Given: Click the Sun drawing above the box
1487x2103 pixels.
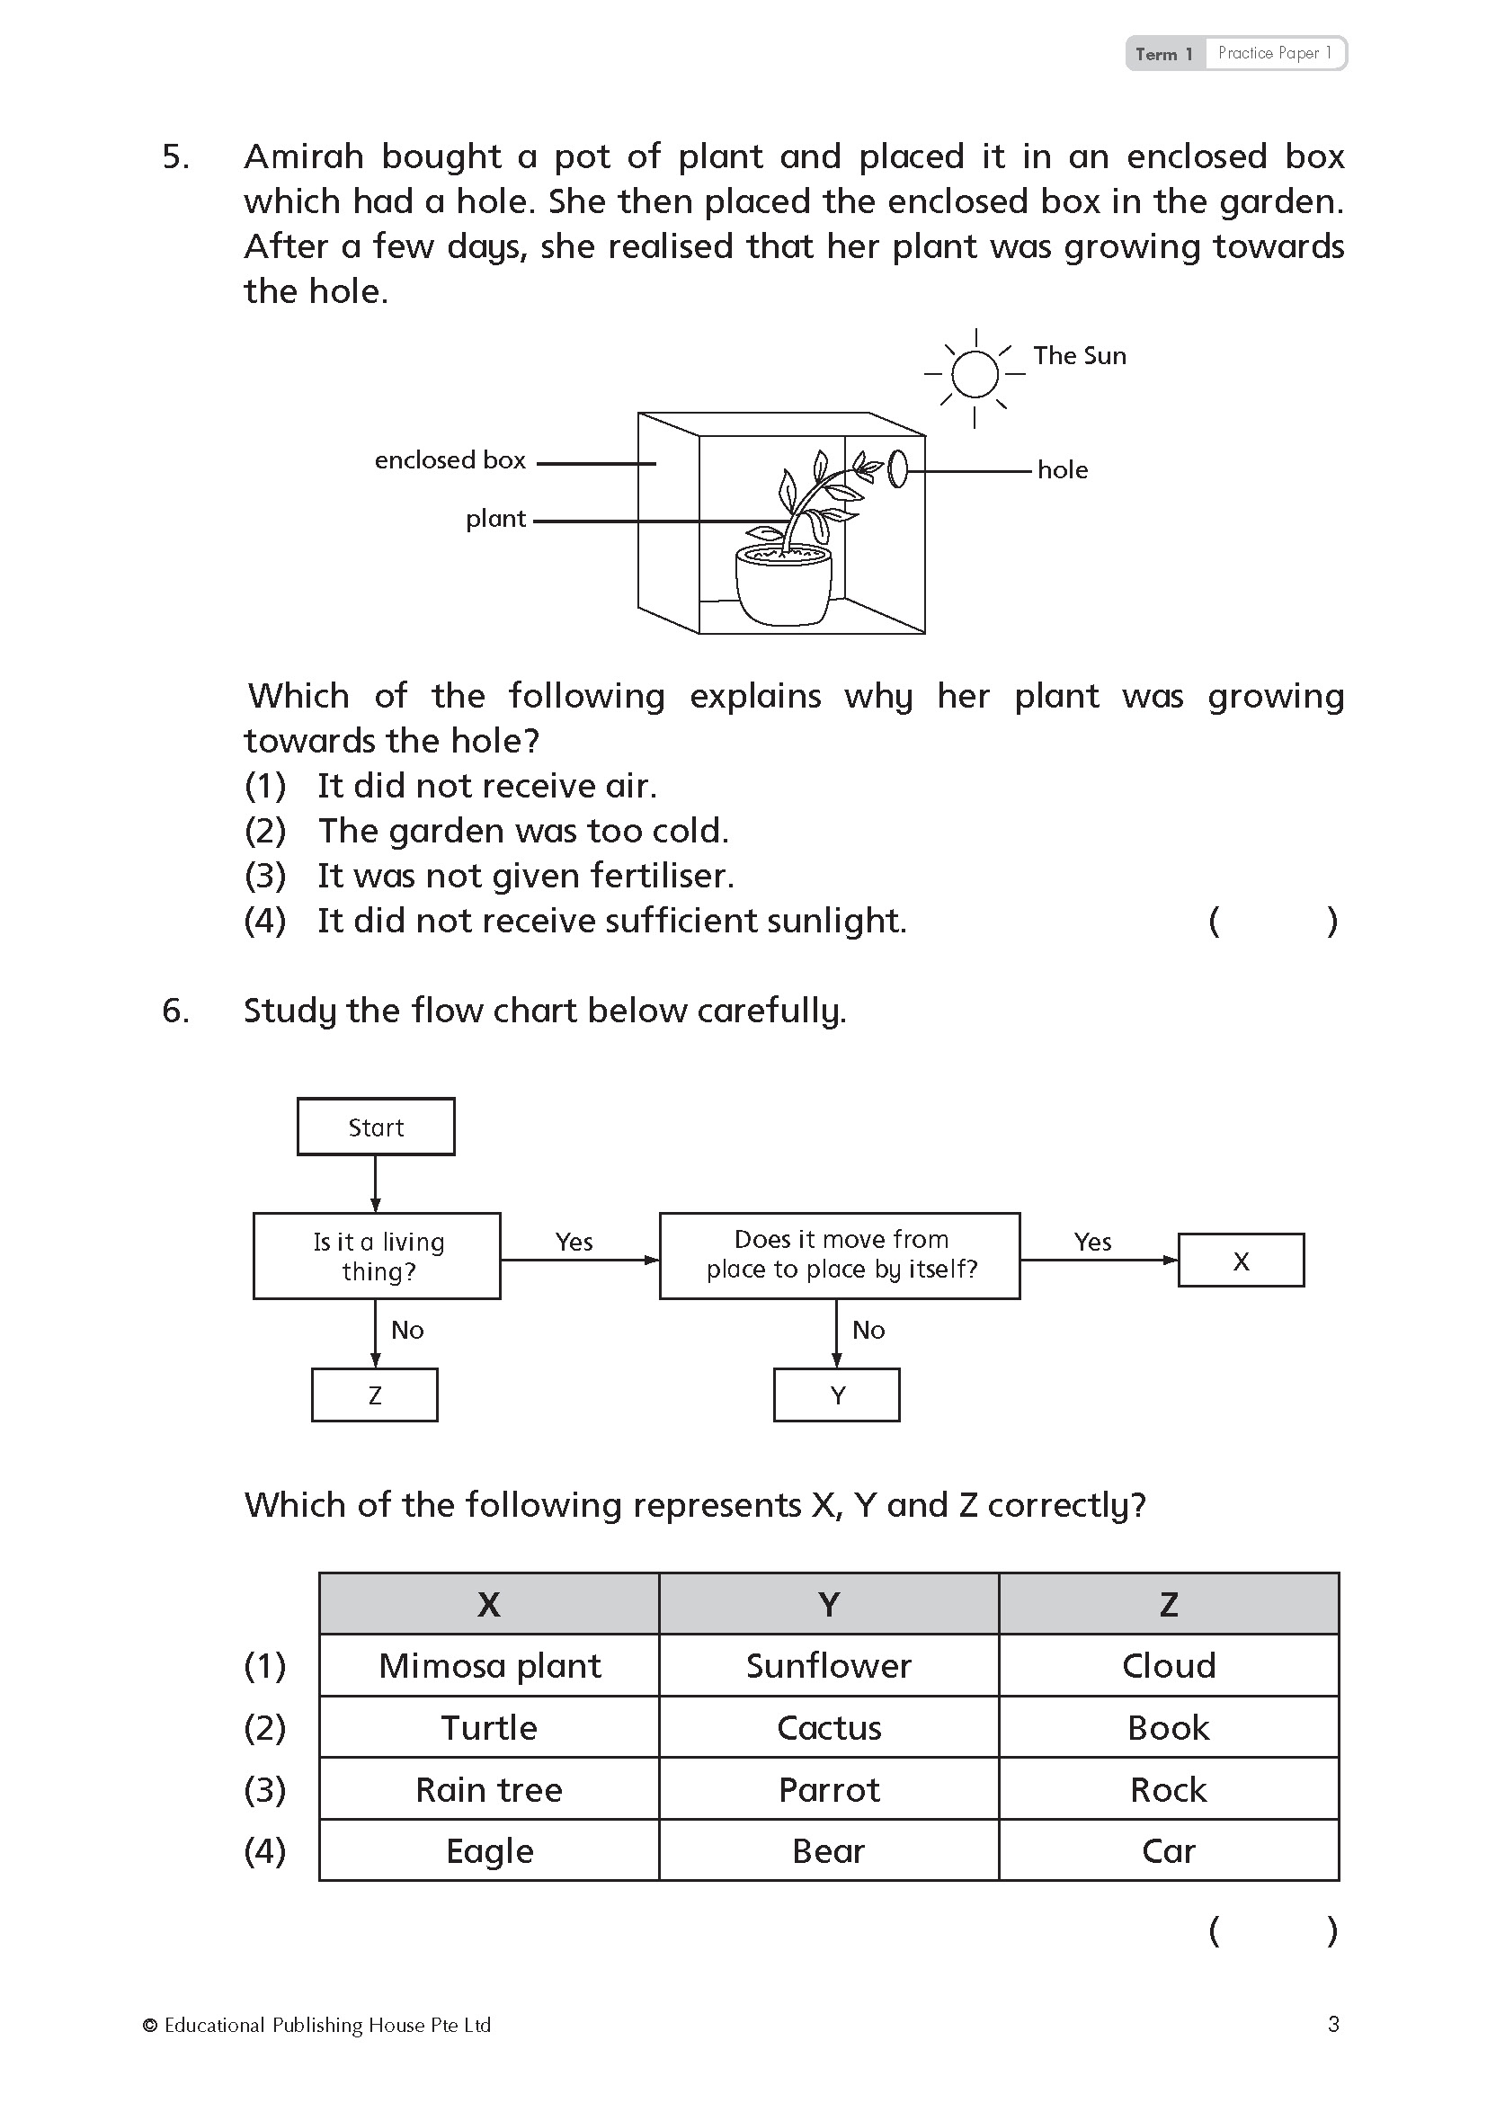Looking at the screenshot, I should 975,374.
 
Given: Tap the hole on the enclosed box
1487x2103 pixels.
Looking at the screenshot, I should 898,469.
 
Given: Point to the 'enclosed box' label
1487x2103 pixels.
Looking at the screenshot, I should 450,459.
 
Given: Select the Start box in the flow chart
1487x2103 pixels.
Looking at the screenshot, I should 376,1127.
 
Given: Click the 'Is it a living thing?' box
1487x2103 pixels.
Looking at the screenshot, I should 378,1256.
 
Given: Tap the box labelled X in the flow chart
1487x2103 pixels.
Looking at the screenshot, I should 1241,1261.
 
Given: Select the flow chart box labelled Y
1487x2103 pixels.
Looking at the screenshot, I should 837,1395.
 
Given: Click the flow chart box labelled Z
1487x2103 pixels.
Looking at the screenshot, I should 375,1395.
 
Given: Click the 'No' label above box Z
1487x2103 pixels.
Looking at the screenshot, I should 407,1330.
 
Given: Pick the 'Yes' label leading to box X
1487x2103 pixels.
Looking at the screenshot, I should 1092,1242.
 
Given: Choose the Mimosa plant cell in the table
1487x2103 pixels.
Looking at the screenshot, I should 490,1666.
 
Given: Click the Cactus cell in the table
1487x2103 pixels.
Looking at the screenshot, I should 829,1728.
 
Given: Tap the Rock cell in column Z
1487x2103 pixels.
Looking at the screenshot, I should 1169,1790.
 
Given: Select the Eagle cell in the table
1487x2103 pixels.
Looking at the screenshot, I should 490,1851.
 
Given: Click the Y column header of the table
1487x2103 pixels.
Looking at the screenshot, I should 829,1605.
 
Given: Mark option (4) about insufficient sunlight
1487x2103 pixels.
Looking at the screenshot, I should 610,921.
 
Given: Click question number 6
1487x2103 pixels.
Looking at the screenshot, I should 176,1011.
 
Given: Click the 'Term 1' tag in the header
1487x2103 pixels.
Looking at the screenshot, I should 1163,54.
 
